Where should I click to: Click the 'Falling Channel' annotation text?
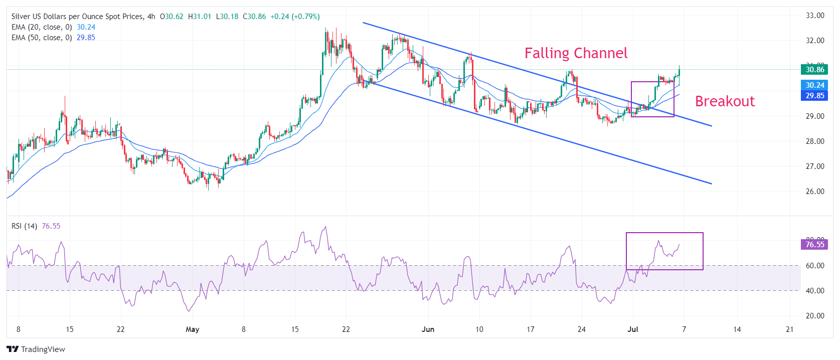point(576,53)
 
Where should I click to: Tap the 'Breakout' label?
point(725,101)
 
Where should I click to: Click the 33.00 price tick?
point(815,16)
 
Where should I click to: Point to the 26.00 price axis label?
point(815,192)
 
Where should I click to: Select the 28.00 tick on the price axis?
point(815,141)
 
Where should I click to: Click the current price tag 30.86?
point(814,70)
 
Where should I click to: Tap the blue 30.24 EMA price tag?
point(814,85)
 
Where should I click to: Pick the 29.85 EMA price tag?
point(814,96)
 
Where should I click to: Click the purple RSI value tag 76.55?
point(814,245)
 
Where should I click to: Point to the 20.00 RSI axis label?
point(815,316)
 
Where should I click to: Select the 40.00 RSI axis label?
point(815,291)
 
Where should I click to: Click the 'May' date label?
point(192,329)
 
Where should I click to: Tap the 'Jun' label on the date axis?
point(428,329)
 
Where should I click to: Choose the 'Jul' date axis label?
point(633,329)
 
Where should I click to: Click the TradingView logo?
point(36,349)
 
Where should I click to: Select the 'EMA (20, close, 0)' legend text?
point(42,27)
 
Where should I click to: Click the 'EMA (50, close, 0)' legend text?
point(42,38)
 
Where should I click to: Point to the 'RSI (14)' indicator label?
point(24,226)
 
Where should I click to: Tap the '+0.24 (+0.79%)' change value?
point(295,17)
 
